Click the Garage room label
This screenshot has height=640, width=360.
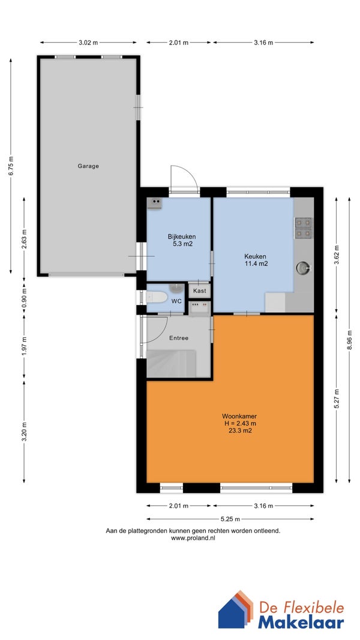88,166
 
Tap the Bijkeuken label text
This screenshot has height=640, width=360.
181,237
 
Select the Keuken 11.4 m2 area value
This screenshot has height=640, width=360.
256,264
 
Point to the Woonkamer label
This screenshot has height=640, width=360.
239,416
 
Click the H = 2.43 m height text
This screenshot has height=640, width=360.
239,423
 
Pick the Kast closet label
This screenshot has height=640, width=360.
200,291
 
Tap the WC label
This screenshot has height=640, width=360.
176,301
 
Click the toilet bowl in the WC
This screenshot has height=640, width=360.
157,297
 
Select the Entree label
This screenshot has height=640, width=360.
179,338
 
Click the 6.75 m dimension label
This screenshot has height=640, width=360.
11,166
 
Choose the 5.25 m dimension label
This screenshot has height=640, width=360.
230,519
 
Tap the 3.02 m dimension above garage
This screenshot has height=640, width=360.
88,42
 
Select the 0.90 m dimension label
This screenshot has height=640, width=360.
23,298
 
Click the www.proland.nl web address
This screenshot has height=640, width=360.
193,538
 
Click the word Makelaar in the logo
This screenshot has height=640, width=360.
301,623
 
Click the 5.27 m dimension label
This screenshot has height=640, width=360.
337,399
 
